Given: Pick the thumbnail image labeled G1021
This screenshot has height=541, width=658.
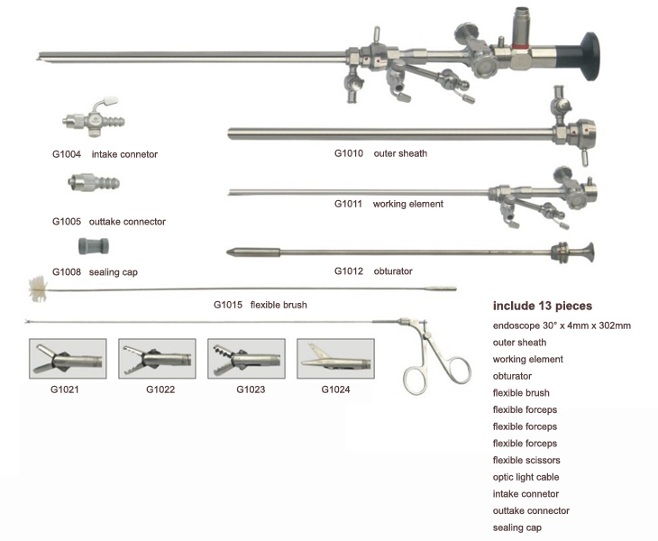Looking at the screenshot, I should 68,359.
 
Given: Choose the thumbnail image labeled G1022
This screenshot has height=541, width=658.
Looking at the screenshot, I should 157,359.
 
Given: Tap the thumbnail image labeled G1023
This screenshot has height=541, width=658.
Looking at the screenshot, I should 246,359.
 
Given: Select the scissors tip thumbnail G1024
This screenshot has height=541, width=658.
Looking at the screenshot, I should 335,359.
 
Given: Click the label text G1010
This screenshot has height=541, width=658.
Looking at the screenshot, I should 349,153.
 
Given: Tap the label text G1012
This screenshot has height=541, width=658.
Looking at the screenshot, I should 349,270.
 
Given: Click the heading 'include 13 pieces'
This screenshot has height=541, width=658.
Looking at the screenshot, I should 542,306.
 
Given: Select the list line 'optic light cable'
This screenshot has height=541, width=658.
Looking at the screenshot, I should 526,477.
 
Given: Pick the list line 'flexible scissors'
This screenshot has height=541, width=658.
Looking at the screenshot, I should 526,460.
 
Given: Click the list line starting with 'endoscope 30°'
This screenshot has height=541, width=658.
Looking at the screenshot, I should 562,325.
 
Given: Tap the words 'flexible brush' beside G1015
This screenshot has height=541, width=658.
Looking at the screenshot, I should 279,305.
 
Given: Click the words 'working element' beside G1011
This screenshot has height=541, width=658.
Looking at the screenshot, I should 407,204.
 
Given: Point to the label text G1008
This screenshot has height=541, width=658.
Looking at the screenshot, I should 67,271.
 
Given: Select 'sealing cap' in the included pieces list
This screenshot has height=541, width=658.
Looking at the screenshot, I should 517,527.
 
